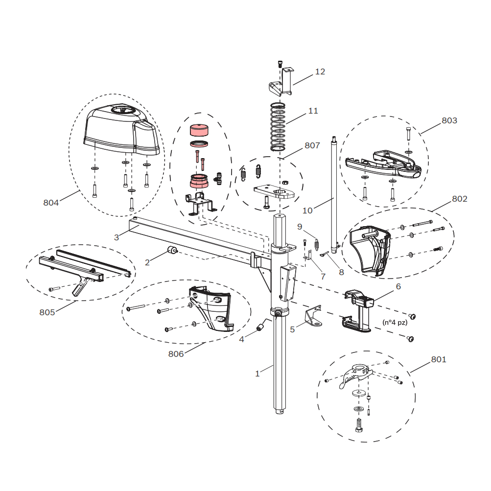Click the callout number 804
[51, 203]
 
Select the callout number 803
[449, 120]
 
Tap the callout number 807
[312, 145]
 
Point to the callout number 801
[439, 359]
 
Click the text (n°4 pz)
[395, 323]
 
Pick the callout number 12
[320, 71]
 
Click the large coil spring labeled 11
[278, 127]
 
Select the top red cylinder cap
[199, 130]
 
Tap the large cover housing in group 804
[122, 130]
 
